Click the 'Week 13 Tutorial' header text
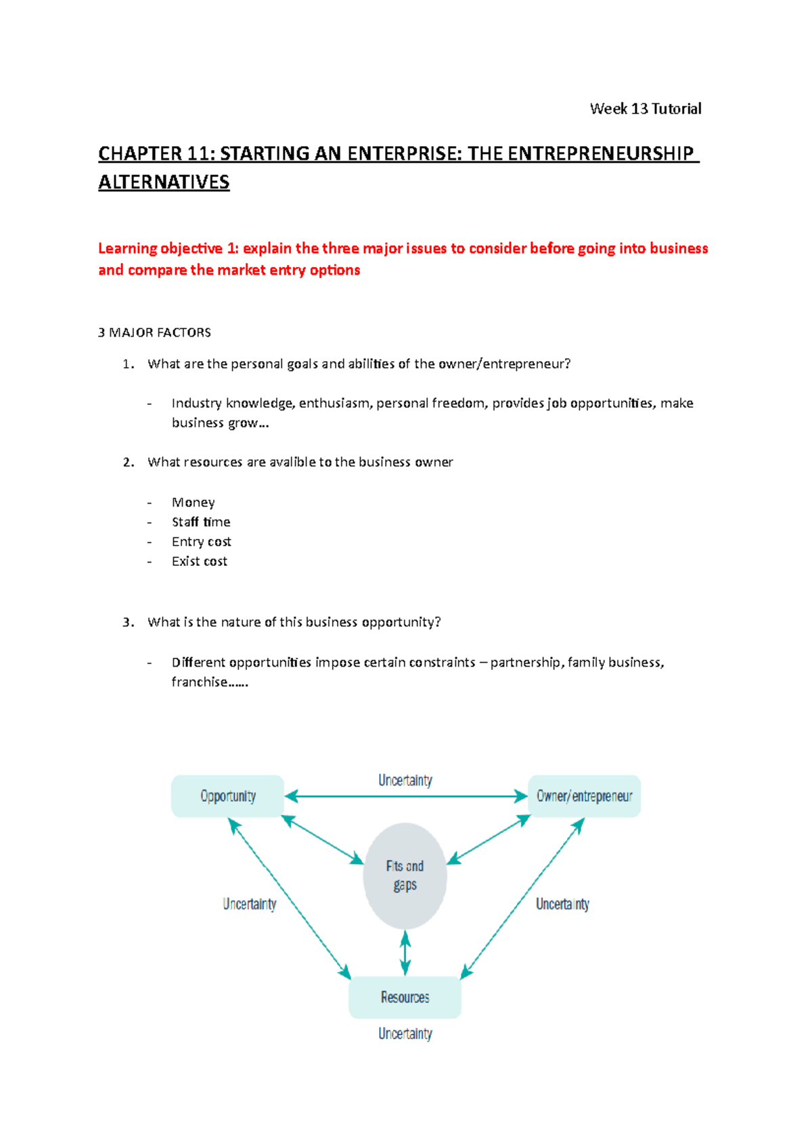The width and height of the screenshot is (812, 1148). (x=645, y=109)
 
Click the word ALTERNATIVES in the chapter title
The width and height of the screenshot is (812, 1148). (x=164, y=183)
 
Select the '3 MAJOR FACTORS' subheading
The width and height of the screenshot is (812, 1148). (x=154, y=333)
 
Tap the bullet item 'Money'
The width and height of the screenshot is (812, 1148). (x=193, y=502)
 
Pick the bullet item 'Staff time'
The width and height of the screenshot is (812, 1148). (x=201, y=522)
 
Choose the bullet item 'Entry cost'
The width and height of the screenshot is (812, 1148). (x=201, y=542)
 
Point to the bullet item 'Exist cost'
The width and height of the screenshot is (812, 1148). (x=199, y=561)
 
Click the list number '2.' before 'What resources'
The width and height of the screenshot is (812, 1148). (x=129, y=462)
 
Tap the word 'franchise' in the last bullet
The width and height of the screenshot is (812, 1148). (x=199, y=682)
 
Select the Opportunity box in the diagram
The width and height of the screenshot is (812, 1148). (x=227, y=796)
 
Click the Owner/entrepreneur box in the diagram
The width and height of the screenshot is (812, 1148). (x=584, y=796)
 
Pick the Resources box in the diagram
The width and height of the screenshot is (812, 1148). (x=405, y=997)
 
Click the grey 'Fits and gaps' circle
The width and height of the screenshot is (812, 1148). (x=405, y=876)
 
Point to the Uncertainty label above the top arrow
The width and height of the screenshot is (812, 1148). (x=405, y=780)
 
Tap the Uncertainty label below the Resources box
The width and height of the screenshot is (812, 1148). (x=405, y=1034)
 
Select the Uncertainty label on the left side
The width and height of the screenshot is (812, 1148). (x=249, y=904)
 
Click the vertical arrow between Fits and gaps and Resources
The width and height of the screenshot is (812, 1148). (x=405, y=953)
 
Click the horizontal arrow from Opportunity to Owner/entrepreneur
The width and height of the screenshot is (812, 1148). (x=406, y=796)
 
